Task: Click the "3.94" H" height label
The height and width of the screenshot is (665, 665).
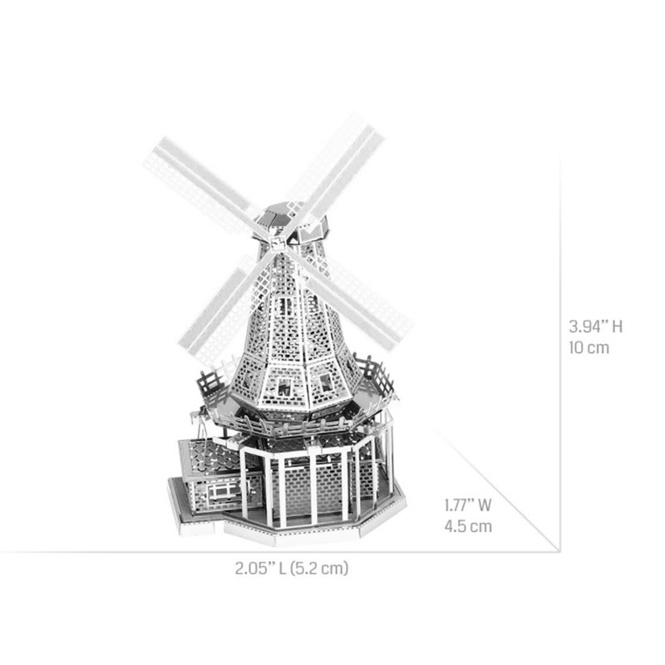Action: coord(595,326)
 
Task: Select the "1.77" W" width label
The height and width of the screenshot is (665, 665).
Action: coord(468,504)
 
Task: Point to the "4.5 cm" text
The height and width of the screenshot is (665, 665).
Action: coord(467,525)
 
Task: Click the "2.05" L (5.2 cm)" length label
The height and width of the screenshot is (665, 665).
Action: coord(291,569)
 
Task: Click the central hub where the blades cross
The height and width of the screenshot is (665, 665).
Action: coord(280,239)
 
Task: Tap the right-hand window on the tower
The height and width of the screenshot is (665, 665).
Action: coord(326,382)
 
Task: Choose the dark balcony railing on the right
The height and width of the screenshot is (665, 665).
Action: coord(376,376)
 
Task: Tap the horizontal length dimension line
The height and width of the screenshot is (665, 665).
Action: coord(249,551)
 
